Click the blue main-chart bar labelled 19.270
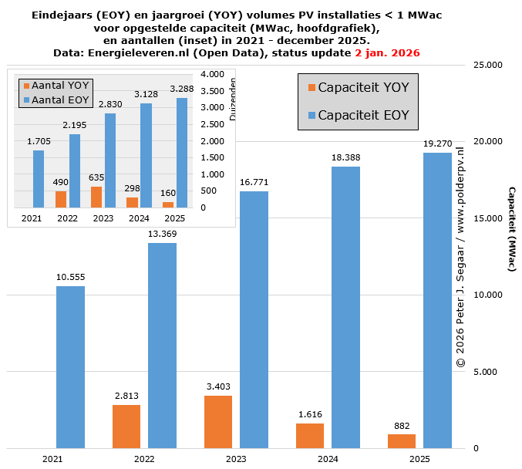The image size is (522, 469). (x=437, y=300)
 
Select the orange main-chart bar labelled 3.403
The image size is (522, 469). (x=218, y=421)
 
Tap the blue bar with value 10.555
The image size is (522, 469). (x=70, y=366)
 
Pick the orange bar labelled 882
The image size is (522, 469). (x=402, y=440)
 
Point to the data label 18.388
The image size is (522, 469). (x=345, y=157)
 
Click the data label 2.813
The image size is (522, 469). (x=126, y=396)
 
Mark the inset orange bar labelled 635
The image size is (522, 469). (x=96, y=197)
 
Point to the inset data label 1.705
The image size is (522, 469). (x=39, y=141)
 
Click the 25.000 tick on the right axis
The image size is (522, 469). (x=487, y=66)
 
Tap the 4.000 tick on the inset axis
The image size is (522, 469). (x=212, y=74)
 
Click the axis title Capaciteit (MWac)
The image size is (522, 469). (x=510, y=228)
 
